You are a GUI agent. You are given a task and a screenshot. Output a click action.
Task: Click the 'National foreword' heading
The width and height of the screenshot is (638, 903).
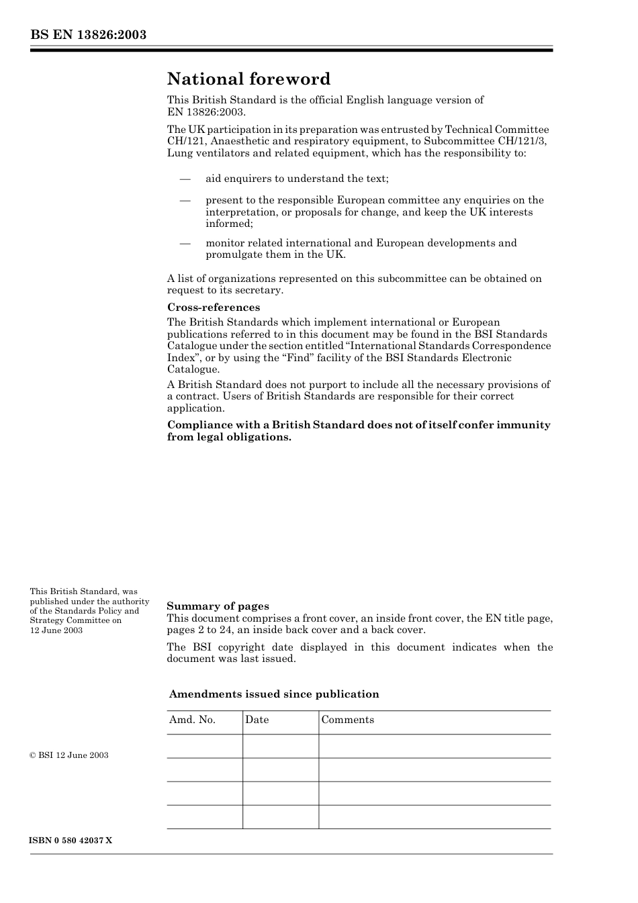(248, 79)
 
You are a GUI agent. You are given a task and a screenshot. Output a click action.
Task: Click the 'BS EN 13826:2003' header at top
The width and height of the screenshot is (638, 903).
(88, 35)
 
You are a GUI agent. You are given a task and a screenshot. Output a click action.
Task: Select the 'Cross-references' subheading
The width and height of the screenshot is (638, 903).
(213, 307)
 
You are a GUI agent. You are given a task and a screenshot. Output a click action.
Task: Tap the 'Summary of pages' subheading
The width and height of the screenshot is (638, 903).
(218, 606)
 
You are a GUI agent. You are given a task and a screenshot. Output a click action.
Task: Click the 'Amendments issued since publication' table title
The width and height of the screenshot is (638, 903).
(274, 694)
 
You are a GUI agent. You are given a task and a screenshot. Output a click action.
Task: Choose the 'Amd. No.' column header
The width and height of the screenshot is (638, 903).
(192, 720)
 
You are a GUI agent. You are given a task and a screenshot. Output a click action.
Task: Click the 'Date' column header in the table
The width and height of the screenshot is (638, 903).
(257, 720)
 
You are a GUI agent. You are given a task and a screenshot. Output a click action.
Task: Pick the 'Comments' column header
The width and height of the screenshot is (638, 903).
(347, 720)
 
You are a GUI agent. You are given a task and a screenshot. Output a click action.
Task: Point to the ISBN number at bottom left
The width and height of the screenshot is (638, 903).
(71, 841)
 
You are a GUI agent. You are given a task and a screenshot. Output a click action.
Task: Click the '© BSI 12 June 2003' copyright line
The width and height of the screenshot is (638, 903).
(69, 755)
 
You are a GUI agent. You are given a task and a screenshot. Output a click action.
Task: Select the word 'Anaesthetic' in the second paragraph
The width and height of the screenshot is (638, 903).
(241, 142)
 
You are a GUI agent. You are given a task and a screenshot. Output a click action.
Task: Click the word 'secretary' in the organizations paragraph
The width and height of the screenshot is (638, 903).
(261, 291)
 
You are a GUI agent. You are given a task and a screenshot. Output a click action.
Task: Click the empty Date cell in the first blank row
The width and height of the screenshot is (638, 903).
(280, 746)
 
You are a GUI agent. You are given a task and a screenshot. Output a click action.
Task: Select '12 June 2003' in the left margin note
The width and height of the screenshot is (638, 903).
(56, 630)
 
